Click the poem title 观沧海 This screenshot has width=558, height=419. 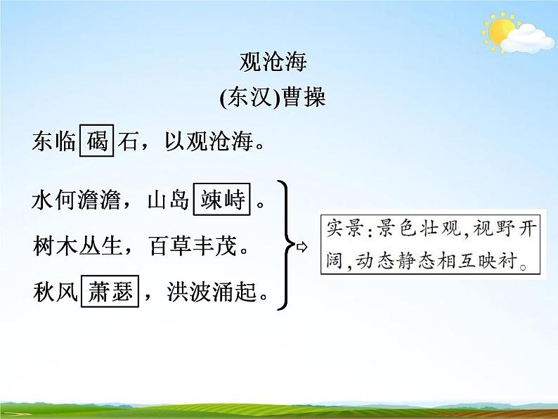(273, 63)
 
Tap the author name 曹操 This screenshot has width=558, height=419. (303, 98)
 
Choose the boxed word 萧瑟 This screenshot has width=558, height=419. (111, 291)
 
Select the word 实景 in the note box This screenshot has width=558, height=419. (342, 228)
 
